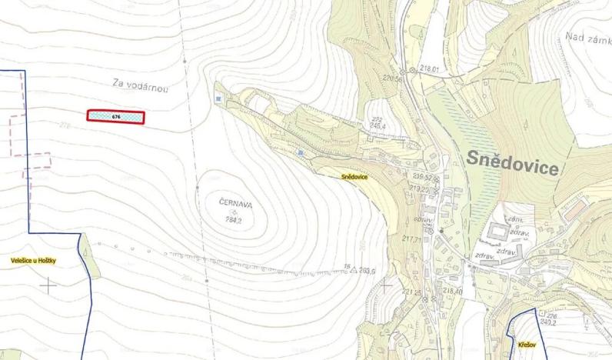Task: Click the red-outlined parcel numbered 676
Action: coord(116,116)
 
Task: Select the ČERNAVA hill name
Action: coord(235,203)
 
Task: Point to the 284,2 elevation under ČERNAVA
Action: coord(237,219)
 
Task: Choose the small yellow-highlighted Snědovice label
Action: coord(355,177)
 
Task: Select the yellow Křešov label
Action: coord(526,345)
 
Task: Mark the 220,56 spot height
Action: coord(393,78)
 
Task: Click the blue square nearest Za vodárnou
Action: coord(219,99)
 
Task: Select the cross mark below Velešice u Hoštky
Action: coord(48,285)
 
